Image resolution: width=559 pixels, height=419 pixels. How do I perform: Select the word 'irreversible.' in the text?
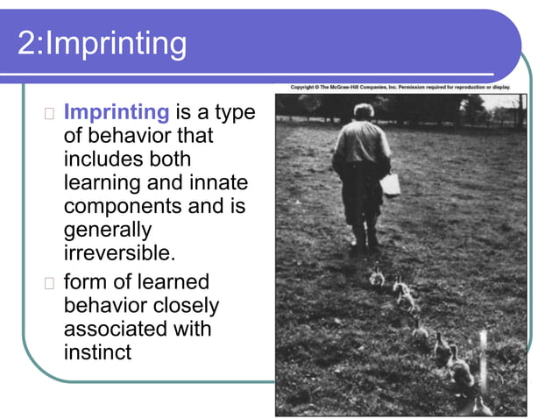(119, 252)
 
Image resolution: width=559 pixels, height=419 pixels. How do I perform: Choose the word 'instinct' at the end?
(97, 352)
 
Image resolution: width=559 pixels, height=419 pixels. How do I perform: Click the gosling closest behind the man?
(377, 277)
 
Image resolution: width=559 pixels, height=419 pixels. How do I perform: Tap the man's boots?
(364, 238)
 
